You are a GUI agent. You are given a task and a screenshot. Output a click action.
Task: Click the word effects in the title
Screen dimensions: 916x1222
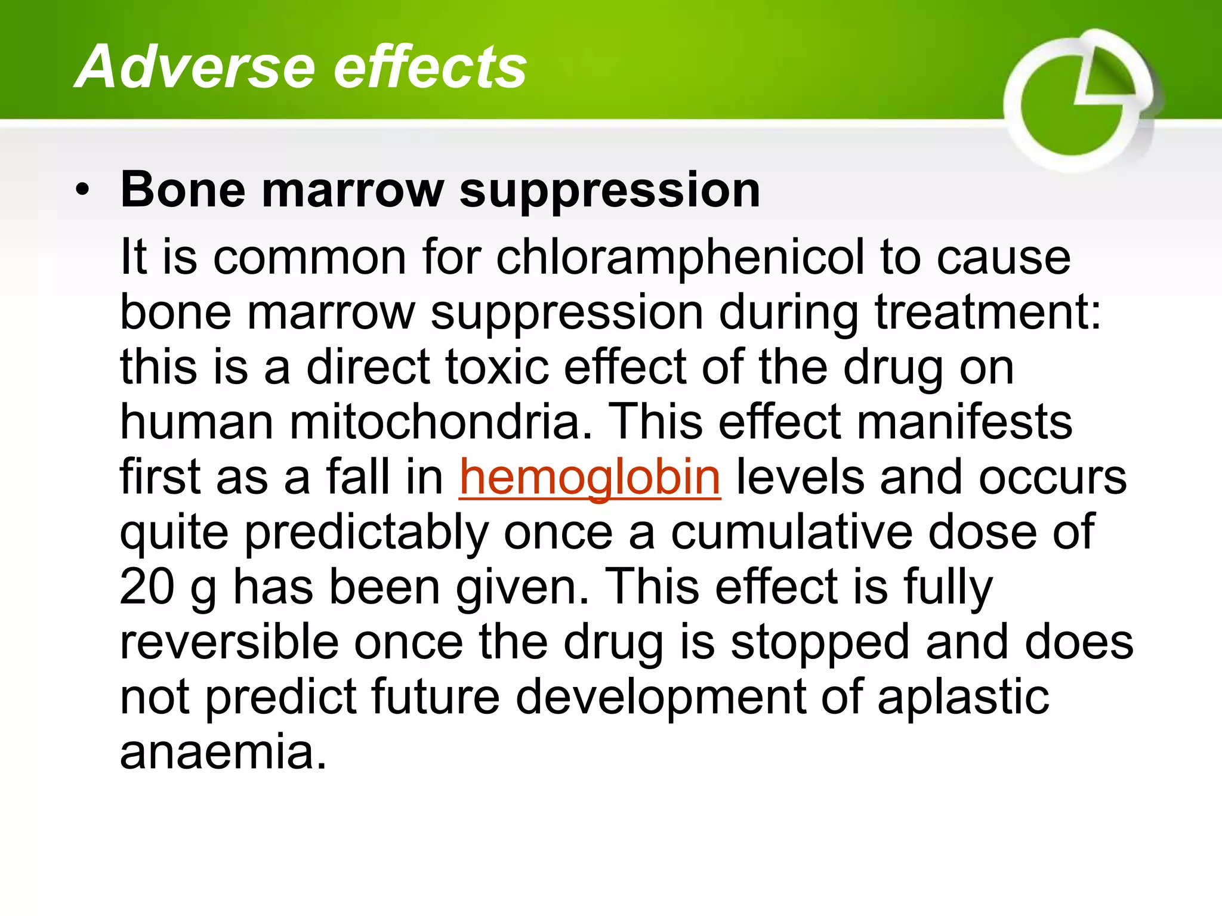pyautogui.click(x=430, y=67)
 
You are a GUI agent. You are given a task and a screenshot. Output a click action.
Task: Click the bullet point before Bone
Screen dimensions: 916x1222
pyautogui.click(x=83, y=191)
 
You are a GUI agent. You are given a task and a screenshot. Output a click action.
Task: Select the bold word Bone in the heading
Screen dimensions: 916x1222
pyautogui.click(x=183, y=190)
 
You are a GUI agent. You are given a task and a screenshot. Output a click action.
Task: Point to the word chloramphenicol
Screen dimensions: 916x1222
pyautogui.click(x=680, y=258)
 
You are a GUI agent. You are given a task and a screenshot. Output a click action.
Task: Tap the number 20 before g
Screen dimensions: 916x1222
pyautogui.click(x=147, y=587)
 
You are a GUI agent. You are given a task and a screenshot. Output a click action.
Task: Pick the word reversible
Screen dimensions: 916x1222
pyautogui.click(x=230, y=642)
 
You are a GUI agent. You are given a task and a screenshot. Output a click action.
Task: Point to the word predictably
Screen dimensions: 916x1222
pyautogui.click(x=366, y=532)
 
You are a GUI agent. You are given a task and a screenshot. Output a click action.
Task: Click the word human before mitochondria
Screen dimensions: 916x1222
pyautogui.click(x=198, y=422)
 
